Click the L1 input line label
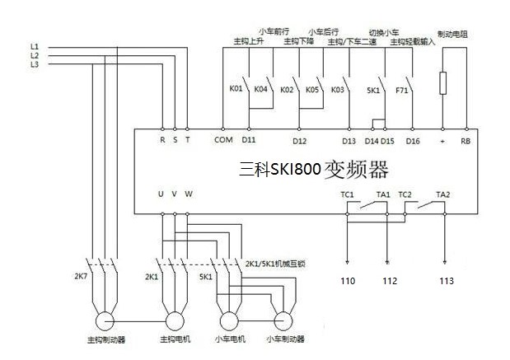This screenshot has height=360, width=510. click(x=34, y=44)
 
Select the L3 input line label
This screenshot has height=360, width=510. click(x=34, y=63)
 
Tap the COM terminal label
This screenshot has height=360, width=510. click(x=223, y=141)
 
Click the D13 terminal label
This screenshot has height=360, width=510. click(x=349, y=141)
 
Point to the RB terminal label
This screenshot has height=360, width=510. click(x=466, y=141)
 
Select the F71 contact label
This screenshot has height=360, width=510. click(x=401, y=88)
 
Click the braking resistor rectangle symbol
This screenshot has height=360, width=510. click(x=445, y=82)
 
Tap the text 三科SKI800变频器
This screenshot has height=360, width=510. click(x=313, y=170)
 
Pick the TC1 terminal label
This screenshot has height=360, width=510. click(x=348, y=194)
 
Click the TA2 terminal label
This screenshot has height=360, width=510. click(x=443, y=194)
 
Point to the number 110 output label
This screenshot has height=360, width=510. click(x=349, y=280)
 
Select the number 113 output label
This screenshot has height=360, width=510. click(x=446, y=280)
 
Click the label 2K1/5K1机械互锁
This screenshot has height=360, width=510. click(x=276, y=264)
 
